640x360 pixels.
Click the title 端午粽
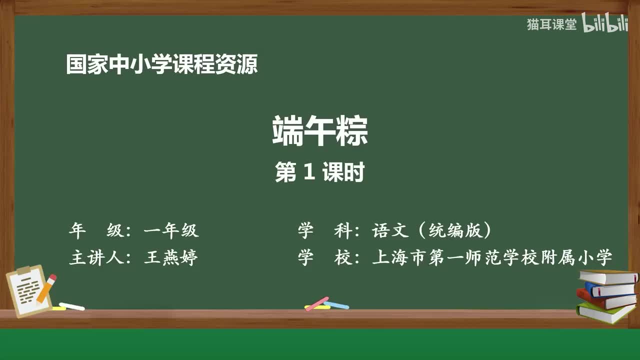[320, 131]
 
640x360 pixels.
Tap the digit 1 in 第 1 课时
[309, 172]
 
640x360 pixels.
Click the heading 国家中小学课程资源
[162, 65]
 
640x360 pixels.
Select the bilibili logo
[604, 24]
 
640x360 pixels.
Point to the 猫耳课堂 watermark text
[551, 24]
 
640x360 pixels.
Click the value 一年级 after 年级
[171, 230]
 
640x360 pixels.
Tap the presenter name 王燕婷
[171, 258]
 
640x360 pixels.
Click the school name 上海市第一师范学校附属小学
[492, 258]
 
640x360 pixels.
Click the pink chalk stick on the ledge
[316, 303]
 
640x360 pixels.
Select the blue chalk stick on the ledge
[336, 305]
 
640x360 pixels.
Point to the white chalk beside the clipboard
[72, 306]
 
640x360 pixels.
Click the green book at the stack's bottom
[605, 313]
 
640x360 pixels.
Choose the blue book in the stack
[610, 289]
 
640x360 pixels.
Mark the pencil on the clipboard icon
[46, 288]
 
